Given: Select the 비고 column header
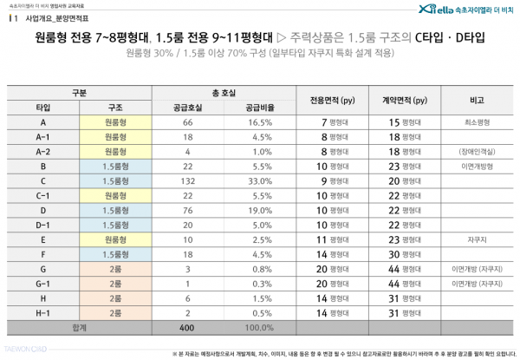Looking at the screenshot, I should (476, 100).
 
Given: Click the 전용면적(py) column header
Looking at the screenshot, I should (333, 100).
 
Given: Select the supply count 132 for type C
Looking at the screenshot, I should (187, 180).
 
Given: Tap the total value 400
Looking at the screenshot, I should (187, 328).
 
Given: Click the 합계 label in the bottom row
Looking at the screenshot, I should (79, 328).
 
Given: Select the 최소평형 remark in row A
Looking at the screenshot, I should (476, 122).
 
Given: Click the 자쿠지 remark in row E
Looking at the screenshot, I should (476, 239).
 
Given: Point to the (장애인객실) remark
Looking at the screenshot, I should (476, 152).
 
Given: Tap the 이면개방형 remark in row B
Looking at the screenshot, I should (476, 166).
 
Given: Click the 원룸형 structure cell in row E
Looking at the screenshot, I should (115, 239).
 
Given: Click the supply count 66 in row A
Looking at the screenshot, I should (187, 122).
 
